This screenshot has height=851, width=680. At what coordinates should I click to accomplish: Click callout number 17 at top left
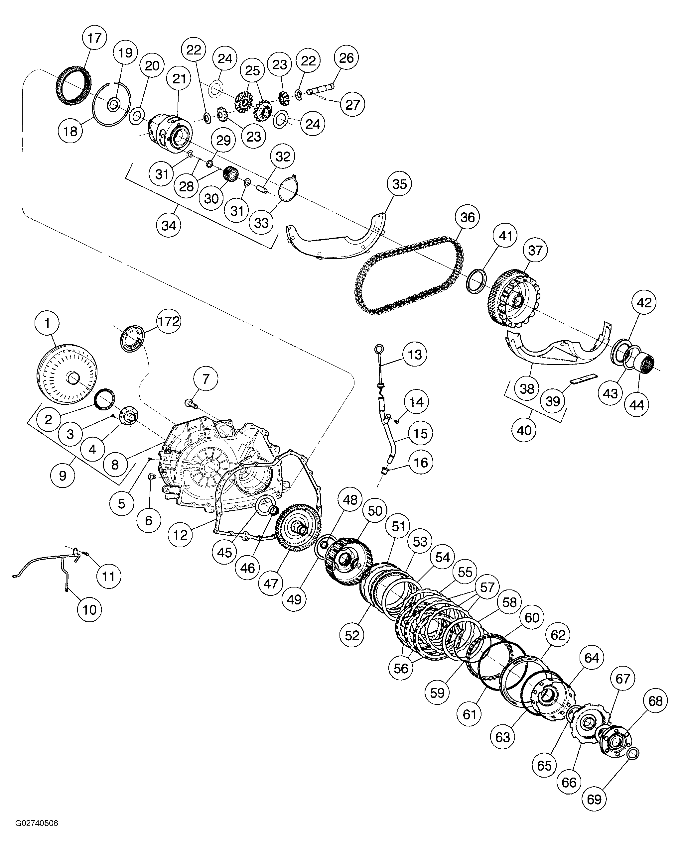point(95,38)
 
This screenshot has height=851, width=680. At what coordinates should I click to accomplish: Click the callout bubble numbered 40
point(524,430)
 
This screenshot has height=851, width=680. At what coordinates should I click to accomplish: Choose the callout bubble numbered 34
point(169,225)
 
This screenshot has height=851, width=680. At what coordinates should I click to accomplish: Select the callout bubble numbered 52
point(352,635)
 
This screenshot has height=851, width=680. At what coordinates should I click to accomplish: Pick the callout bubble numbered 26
point(346,57)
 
